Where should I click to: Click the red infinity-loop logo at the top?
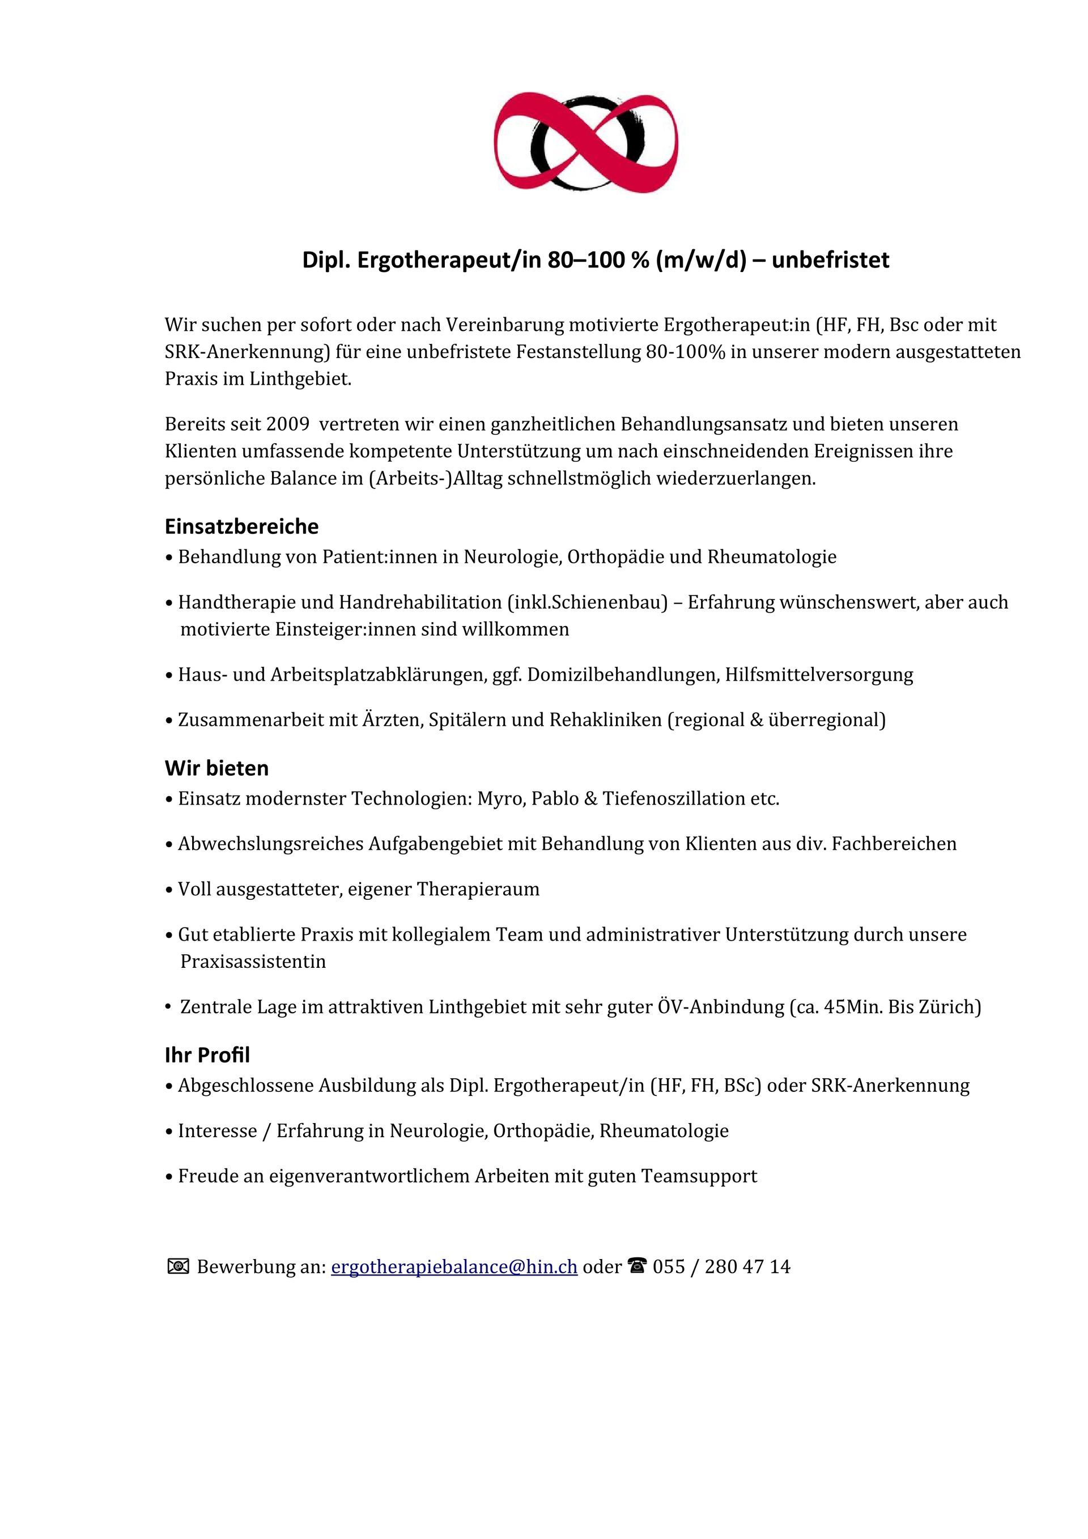point(586,142)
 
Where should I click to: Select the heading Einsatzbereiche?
point(241,526)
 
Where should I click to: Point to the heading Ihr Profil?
point(207,1055)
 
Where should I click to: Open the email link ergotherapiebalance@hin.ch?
point(454,1266)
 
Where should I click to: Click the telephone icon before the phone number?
point(637,1265)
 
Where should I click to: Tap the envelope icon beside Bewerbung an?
point(177,1266)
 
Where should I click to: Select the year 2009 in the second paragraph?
point(288,424)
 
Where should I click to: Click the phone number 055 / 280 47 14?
point(721,1266)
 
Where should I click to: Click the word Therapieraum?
point(478,889)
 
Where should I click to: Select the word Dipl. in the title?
point(326,260)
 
